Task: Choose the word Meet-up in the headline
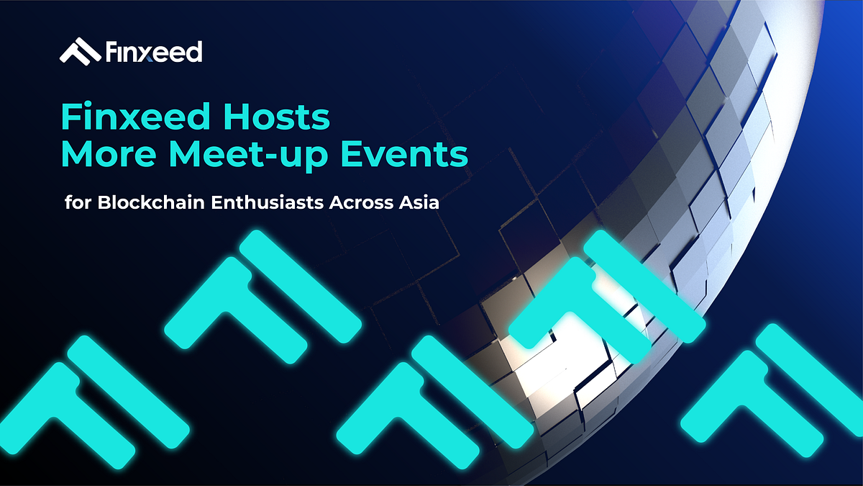point(265,156)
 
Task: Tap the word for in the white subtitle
point(77,202)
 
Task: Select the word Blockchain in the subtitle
point(145,202)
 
